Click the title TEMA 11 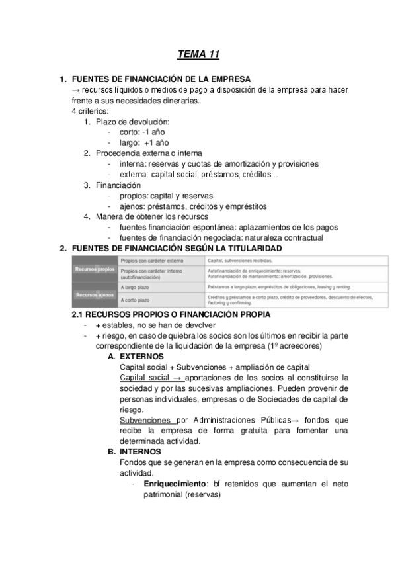pos(198,54)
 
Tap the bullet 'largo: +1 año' pos(144,142)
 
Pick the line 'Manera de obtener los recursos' pos(151,216)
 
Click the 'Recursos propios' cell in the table pos(95,270)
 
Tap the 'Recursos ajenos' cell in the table pos(95,294)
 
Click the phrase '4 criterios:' pos(90,111)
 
